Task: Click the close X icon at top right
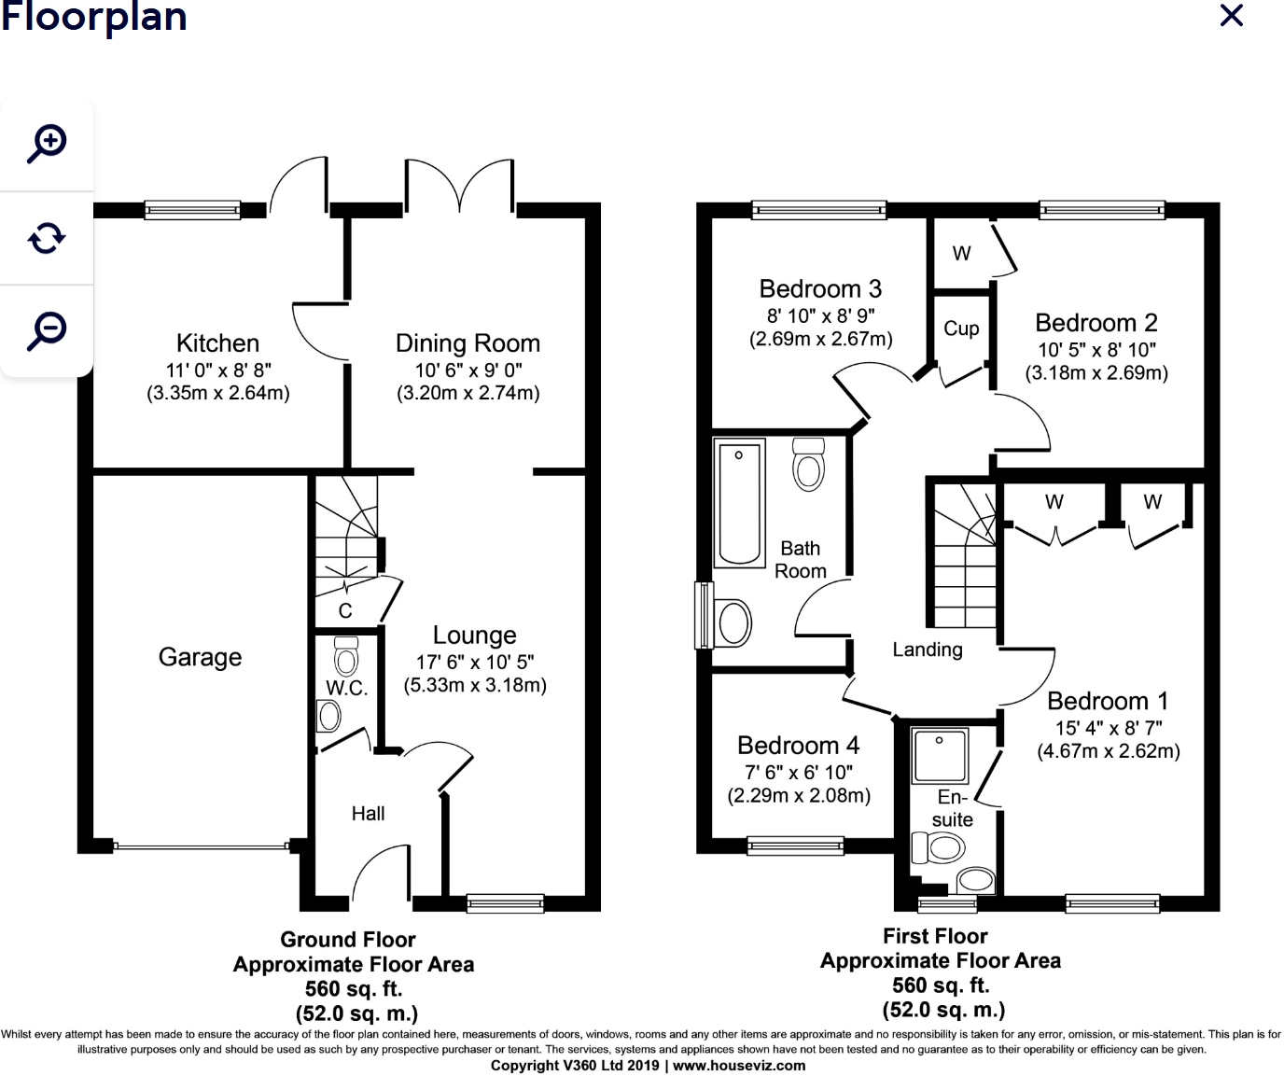(1232, 15)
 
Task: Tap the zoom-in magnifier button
(47, 144)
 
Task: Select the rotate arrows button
(47, 238)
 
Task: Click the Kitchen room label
(217, 342)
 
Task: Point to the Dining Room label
(468, 342)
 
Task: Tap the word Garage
(200, 657)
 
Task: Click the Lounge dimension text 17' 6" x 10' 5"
(475, 662)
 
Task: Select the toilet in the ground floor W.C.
(346, 659)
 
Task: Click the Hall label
(368, 814)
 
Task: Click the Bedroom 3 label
(820, 289)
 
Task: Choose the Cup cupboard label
(961, 328)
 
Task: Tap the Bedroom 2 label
(1096, 323)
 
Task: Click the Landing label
(927, 650)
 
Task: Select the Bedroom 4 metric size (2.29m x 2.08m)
(799, 796)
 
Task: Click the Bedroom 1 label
(1108, 701)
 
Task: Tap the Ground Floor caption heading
(348, 940)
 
